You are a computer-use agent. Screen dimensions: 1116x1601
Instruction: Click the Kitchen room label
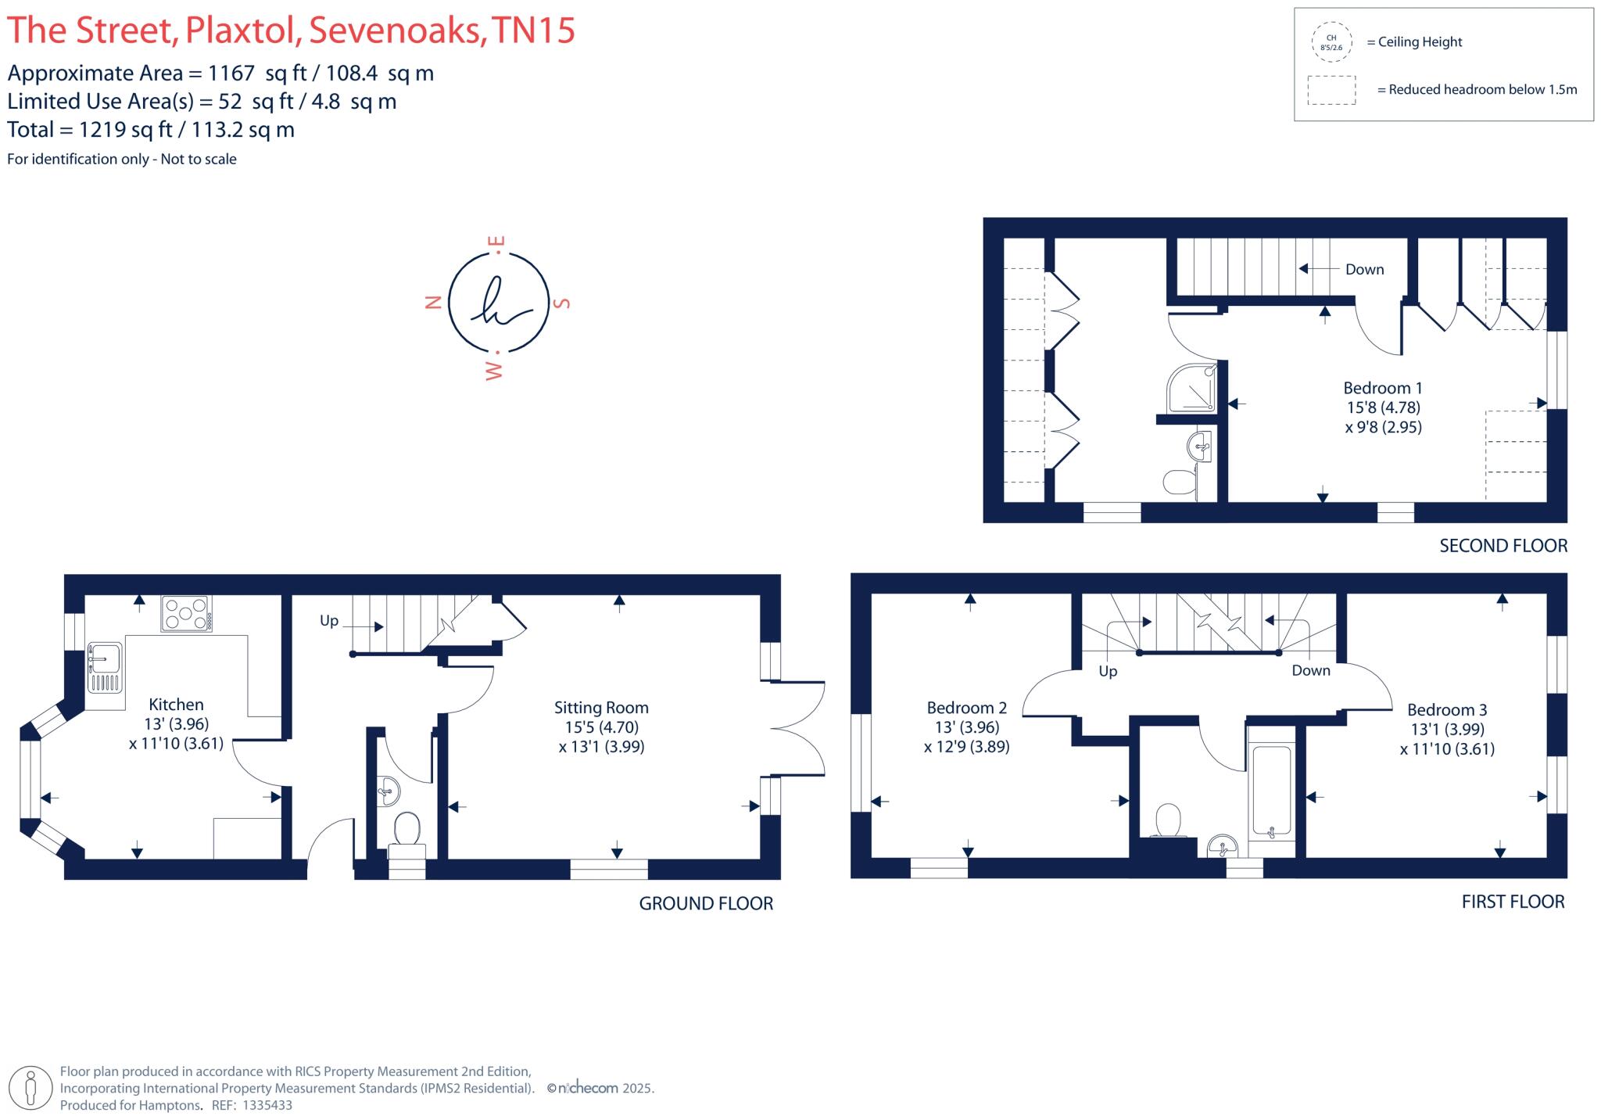(176, 705)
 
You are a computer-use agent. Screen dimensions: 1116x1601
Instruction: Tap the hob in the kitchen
(186, 613)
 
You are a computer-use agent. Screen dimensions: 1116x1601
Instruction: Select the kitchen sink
(105, 666)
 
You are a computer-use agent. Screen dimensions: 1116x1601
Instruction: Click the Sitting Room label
(601, 708)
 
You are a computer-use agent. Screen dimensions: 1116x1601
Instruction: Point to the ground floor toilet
(407, 832)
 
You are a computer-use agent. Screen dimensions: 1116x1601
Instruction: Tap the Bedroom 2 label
(966, 708)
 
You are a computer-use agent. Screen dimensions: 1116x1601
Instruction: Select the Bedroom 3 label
(1447, 710)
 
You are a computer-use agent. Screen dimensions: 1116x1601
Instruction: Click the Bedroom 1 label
(1382, 388)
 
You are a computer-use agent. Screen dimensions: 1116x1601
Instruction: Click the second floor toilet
(1180, 481)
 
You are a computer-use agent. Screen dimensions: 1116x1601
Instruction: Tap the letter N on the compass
(433, 303)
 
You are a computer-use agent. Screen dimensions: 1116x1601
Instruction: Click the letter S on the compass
(561, 303)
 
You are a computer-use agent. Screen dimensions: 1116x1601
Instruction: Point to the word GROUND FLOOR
(706, 904)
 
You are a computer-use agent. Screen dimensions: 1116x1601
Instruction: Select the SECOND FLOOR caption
(1503, 546)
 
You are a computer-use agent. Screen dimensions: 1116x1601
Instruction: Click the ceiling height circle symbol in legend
(1331, 42)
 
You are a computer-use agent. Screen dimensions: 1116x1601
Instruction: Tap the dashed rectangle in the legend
(1331, 90)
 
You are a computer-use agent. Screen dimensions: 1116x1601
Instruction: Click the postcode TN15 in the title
(535, 31)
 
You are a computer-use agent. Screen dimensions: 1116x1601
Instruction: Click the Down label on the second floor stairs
(1364, 270)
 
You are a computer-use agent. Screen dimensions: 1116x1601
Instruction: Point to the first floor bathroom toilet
(1168, 821)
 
